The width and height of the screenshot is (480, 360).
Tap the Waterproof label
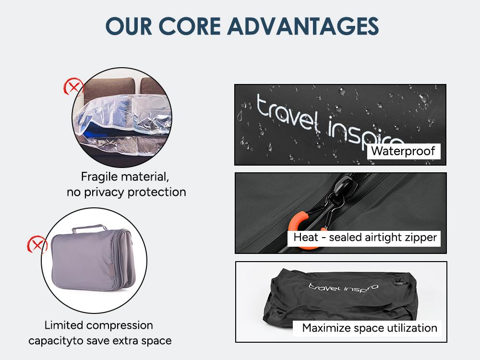coord(403,152)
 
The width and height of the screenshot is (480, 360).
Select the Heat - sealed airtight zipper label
coord(365,237)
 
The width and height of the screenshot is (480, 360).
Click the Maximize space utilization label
coord(370,328)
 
